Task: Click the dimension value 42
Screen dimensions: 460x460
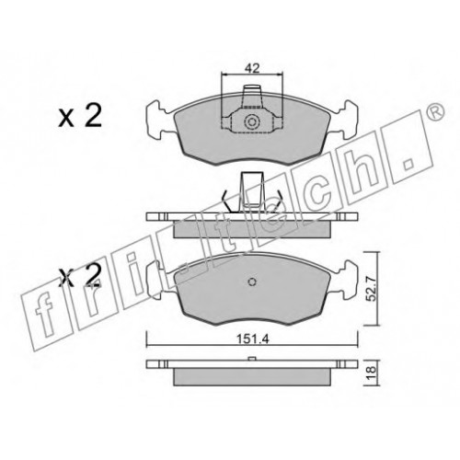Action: (x=252, y=68)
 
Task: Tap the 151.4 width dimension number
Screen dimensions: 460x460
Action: (x=253, y=339)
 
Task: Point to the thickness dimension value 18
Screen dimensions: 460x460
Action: (x=372, y=370)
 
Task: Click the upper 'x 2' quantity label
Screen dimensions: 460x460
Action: (x=80, y=117)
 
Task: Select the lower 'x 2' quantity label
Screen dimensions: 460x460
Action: (x=80, y=275)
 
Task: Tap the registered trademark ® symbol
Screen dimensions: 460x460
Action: (x=435, y=111)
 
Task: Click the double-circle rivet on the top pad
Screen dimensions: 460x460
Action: (x=252, y=122)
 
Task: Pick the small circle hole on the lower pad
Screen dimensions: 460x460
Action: (x=252, y=282)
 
